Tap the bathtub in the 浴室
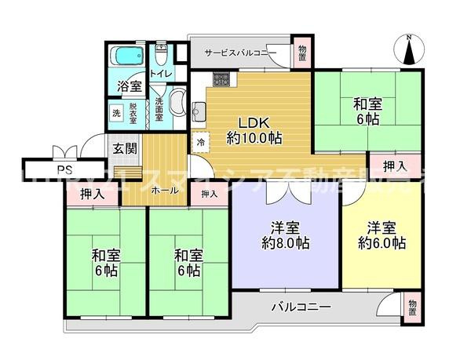(x=125, y=59)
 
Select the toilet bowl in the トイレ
(x=161, y=57)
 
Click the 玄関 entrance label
(x=125, y=149)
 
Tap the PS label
(x=60, y=169)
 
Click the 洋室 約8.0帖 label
(x=286, y=235)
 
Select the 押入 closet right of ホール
(x=209, y=194)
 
